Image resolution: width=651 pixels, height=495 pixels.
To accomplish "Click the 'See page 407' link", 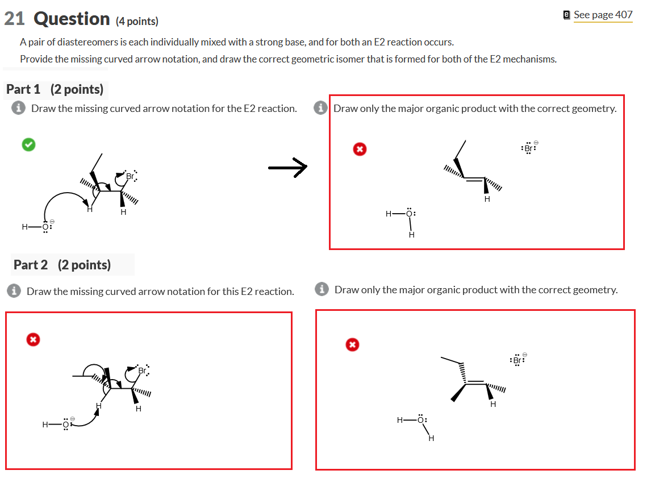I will (602, 15).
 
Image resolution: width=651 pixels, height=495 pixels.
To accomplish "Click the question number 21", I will (14, 19).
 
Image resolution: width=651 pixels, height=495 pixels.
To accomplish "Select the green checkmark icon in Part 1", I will (28, 145).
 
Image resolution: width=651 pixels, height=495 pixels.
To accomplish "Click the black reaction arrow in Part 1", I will (287, 168).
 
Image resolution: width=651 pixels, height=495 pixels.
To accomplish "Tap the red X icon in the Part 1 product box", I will (359, 149).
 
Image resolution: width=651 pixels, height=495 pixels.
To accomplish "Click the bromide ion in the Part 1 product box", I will (529, 148).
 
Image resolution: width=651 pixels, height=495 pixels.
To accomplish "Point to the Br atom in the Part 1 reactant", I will (130, 176).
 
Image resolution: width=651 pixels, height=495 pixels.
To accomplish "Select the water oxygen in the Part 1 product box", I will (411, 214).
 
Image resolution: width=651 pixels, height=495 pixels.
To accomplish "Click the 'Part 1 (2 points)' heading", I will (55, 89).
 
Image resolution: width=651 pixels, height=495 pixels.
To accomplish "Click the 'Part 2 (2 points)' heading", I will (62, 265).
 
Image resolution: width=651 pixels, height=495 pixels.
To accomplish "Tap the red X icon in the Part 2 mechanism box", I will (33, 339).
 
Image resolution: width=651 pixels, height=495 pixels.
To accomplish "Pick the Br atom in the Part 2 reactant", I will (142, 371).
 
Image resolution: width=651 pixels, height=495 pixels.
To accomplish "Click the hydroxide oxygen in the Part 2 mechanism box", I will (66, 425).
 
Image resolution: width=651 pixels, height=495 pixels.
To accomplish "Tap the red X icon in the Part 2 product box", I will (352, 344).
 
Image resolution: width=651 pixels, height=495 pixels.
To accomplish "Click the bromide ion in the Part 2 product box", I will (517, 360).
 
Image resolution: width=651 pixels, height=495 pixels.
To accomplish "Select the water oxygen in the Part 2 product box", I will (420, 421).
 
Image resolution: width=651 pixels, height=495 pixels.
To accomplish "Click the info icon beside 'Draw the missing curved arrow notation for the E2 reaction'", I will (18, 109).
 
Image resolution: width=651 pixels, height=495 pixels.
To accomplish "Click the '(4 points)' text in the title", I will (137, 22).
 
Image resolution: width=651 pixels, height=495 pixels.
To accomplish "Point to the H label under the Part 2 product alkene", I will (493, 404).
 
